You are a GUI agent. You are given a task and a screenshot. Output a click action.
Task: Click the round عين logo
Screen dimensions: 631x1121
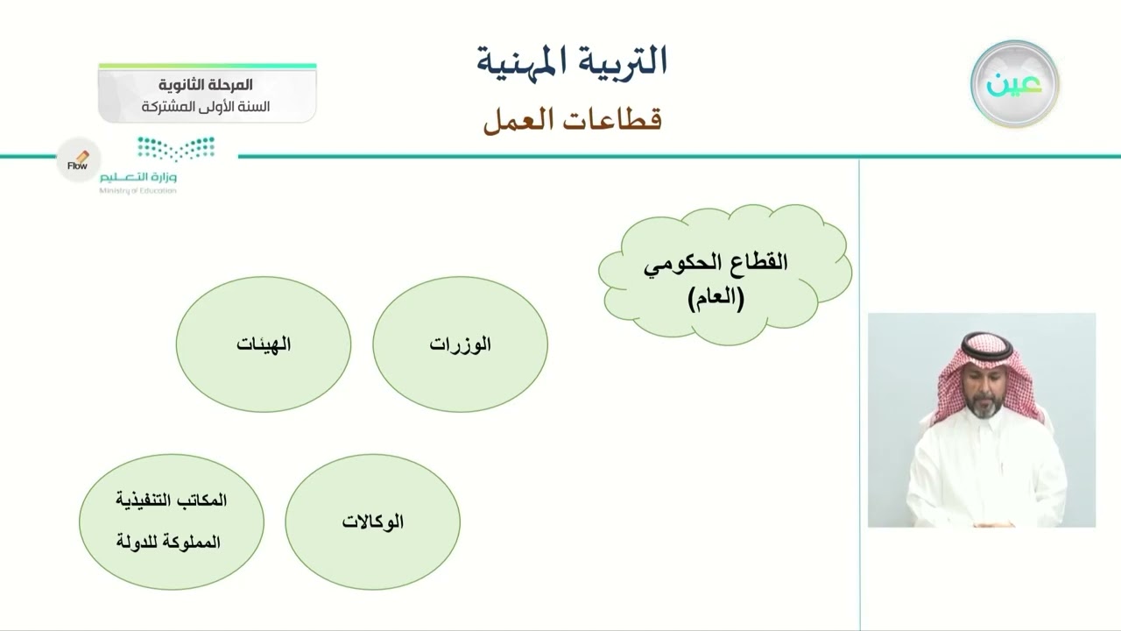(1014, 84)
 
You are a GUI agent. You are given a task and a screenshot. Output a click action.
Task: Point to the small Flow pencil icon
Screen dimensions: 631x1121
(79, 159)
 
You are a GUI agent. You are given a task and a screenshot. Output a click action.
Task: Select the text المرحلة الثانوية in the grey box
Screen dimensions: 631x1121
(208, 85)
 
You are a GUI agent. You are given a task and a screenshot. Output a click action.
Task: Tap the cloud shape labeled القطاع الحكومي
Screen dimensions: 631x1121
(725, 273)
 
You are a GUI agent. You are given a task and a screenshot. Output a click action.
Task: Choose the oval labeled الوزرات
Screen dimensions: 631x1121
(461, 344)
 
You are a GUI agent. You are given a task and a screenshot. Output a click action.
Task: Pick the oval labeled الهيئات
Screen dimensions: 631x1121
(264, 344)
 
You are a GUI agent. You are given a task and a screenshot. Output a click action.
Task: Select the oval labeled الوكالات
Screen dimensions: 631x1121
(373, 521)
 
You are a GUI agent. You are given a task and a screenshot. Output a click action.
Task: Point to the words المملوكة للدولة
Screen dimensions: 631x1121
(168, 542)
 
